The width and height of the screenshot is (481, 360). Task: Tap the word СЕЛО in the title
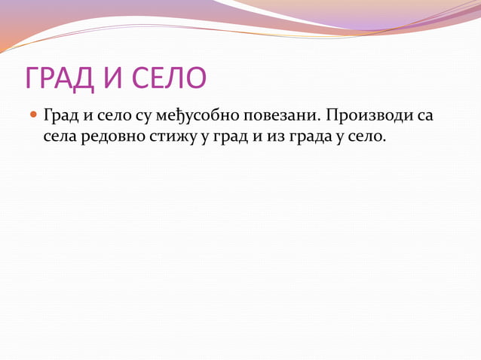[166, 78]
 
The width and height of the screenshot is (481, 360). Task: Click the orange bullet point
[32, 117]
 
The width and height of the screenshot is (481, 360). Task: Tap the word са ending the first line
[424, 117]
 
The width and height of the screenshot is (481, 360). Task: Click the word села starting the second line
[63, 137]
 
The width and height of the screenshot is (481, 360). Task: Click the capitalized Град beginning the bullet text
[60, 117]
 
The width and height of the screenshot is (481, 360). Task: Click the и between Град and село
[86, 117]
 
